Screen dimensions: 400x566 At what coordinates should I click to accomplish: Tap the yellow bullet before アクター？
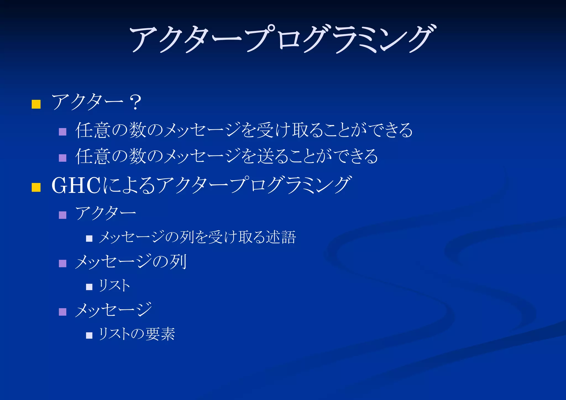[36, 104]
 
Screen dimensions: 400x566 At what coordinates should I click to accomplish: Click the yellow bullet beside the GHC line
[36, 187]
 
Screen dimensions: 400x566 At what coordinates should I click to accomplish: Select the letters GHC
[76, 185]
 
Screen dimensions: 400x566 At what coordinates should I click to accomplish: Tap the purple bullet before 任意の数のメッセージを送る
[63, 158]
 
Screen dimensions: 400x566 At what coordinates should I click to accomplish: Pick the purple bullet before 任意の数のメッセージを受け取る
[63, 132]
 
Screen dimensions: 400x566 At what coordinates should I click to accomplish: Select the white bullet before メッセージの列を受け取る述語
[89, 238]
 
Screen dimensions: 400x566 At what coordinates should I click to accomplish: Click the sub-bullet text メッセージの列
[131, 262]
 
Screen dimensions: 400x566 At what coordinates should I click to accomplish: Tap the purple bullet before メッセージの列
[63, 263]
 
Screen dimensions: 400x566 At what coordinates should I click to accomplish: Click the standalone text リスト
[114, 285]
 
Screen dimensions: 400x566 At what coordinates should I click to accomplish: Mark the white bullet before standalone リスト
[89, 287]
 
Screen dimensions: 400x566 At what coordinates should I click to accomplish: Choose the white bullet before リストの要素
[89, 335]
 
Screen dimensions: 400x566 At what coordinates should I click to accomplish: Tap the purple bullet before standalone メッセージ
[63, 312]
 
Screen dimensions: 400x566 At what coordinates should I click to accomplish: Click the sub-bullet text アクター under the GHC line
[106, 213]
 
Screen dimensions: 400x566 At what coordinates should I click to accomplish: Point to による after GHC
[129, 185]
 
